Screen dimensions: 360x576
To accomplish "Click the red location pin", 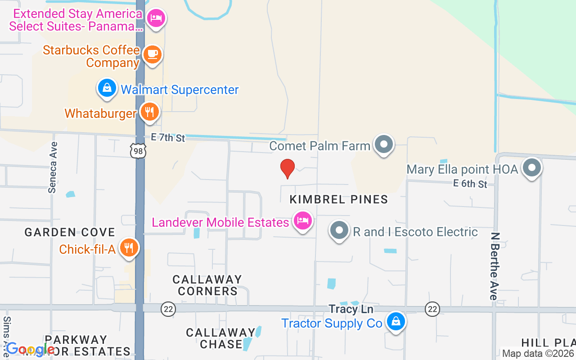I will click(287, 169).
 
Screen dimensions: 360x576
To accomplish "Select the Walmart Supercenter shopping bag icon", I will click(107, 88).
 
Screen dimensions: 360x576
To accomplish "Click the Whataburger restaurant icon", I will click(149, 112).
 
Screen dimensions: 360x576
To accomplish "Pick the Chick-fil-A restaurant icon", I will click(129, 247).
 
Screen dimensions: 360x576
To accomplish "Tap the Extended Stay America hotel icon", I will click(156, 18).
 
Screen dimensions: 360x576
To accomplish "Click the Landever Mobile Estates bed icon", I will click(303, 220).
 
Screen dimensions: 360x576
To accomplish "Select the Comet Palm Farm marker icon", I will click(384, 144).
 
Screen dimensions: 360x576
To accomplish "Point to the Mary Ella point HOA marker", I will click(532, 168).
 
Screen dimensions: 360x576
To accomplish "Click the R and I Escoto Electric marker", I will click(339, 231).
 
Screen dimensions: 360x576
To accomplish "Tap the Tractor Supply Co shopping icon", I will click(396, 321).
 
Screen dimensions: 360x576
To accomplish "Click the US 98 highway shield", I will click(138, 152).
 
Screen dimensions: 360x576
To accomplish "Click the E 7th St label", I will click(168, 137).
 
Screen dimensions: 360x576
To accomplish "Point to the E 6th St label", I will click(470, 184).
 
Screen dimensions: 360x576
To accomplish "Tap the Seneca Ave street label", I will click(53, 167).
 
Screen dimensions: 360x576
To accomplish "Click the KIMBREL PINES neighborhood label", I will click(338, 199).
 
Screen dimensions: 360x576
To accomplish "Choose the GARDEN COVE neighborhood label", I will click(70, 232).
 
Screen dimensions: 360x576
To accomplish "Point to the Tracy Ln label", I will click(351, 309).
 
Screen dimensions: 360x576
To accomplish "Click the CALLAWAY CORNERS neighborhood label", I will click(207, 285).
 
